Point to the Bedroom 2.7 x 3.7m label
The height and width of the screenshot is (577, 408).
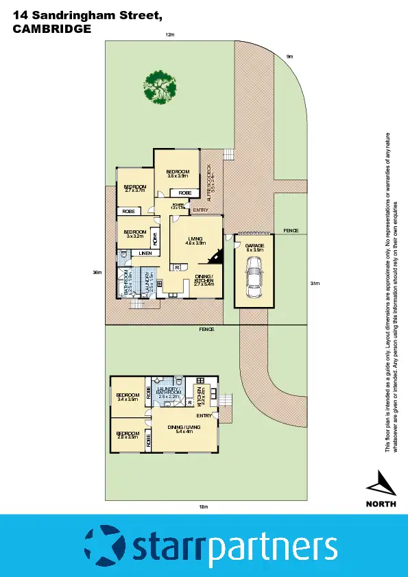(134, 188)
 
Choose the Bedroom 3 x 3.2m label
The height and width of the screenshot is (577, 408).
(134, 234)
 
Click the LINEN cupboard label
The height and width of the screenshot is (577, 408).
(145, 254)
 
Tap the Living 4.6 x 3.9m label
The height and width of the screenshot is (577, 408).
(195, 241)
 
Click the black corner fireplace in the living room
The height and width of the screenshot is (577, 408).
(217, 256)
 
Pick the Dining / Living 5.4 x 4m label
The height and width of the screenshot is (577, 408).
(183, 430)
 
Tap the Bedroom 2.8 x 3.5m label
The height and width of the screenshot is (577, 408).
(127, 435)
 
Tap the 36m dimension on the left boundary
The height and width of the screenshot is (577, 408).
(97, 273)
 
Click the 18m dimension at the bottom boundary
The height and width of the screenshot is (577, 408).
(203, 506)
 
